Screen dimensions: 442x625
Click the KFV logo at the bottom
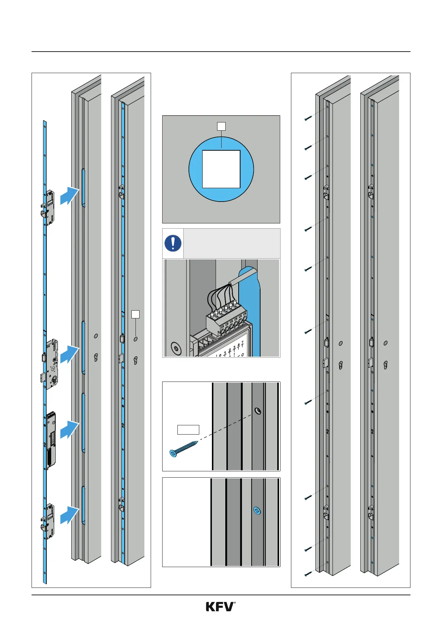220,606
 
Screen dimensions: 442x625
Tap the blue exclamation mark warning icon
173,243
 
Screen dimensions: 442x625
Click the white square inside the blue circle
221,169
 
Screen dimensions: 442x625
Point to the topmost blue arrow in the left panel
69,195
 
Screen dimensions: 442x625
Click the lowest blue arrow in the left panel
69,515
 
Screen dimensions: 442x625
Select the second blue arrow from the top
69,354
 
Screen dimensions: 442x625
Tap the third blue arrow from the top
69,430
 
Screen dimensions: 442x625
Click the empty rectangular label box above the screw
188,430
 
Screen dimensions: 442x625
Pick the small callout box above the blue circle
221,126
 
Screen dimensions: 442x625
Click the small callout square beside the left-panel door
135,314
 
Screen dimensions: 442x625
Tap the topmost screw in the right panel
308,118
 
